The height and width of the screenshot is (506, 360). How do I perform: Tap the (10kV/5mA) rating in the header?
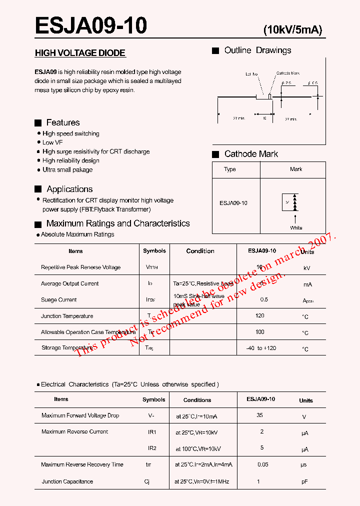[x=292, y=30]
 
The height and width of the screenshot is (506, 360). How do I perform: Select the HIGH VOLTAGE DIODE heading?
[x=80, y=53]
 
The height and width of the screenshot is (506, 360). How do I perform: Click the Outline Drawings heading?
[x=257, y=50]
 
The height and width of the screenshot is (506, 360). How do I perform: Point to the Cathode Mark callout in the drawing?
[x=288, y=73]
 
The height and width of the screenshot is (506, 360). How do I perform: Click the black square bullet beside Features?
[x=38, y=123]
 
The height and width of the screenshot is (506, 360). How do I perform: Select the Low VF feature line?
[x=52, y=142]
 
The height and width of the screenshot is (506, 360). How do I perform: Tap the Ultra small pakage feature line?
[x=67, y=170]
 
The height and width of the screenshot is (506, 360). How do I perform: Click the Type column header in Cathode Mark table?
[x=230, y=169]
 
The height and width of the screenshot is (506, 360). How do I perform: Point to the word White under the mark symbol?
[x=296, y=228]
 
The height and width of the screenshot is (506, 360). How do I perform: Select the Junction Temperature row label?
[x=67, y=316]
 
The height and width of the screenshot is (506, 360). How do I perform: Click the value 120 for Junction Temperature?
[x=259, y=316]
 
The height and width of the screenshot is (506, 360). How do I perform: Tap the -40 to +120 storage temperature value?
[x=261, y=348]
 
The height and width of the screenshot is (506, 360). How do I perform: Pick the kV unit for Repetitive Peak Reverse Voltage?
[x=306, y=268]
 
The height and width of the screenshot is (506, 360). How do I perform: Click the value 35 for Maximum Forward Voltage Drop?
[x=259, y=415]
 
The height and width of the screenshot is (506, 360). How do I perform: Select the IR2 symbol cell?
[x=152, y=448]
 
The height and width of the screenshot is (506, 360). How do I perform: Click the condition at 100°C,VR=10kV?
[x=198, y=449]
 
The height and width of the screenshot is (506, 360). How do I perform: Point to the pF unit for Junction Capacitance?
[x=305, y=482]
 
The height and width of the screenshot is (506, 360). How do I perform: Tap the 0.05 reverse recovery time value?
[x=262, y=464]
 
